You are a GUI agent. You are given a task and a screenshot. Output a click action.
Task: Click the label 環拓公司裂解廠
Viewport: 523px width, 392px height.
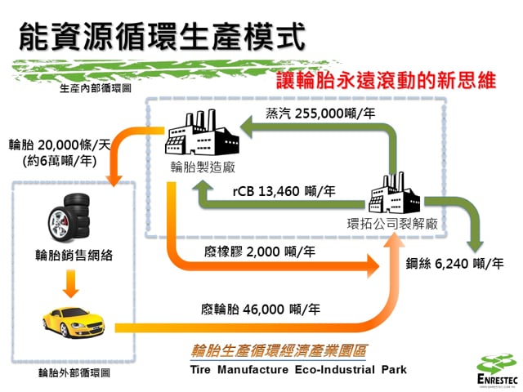(x=393, y=223)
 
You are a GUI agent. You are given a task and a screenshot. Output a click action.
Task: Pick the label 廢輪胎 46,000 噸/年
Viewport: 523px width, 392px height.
(x=259, y=310)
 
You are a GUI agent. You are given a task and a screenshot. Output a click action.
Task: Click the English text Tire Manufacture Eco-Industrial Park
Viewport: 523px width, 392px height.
(x=295, y=369)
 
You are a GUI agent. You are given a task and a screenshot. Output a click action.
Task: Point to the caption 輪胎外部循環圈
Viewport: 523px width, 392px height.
(x=74, y=373)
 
